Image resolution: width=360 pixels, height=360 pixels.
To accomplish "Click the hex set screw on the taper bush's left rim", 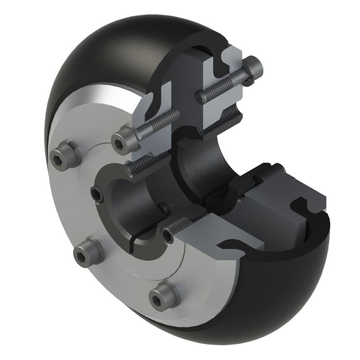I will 98,194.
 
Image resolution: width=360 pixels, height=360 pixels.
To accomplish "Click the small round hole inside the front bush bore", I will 165,208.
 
